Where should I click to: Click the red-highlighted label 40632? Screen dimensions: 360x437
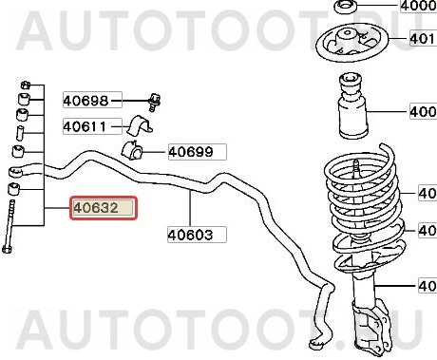[102, 208]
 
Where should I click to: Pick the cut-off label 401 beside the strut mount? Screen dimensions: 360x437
[422, 40]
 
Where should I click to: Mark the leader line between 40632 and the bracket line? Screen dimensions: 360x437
[55, 208]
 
